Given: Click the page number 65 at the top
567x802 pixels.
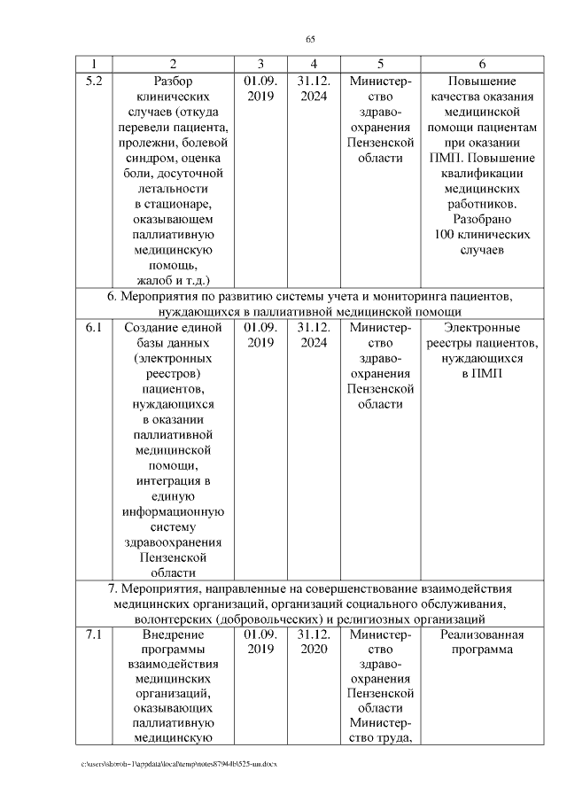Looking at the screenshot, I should click(310, 38).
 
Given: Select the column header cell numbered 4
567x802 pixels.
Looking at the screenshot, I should click(314, 64).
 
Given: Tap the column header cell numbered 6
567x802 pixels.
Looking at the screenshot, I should click(481, 64).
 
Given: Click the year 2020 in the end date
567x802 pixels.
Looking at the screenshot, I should click(314, 650).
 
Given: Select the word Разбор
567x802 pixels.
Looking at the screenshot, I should click(173, 81).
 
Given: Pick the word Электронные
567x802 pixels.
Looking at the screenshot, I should click(481, 328).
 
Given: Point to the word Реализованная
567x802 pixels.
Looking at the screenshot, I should click(481, 635).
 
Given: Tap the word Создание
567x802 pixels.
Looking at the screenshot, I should click(173, 328).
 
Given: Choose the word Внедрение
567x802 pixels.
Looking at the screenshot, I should click(173, 635).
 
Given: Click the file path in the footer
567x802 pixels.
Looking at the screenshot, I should click(177, 764).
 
